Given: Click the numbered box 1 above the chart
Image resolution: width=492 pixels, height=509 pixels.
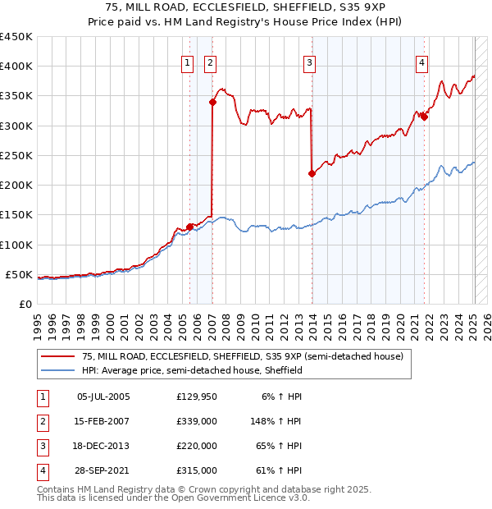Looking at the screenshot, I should point(187,62).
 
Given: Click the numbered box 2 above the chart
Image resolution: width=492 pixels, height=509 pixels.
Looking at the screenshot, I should point(210,62).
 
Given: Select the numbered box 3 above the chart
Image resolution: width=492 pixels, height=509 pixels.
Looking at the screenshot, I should point(309,62).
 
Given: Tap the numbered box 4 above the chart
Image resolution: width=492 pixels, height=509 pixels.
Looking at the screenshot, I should point(421,62).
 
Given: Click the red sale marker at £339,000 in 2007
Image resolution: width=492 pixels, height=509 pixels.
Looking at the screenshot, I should point(212,103).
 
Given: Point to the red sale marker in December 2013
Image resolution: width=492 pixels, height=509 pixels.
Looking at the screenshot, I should point(312,173).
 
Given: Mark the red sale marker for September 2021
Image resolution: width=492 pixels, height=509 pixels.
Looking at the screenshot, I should point(424,117).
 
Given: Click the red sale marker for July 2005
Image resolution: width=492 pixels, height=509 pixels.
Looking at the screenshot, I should point(189,227).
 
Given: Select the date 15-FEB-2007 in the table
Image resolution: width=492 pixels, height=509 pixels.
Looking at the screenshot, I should point(103,421).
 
